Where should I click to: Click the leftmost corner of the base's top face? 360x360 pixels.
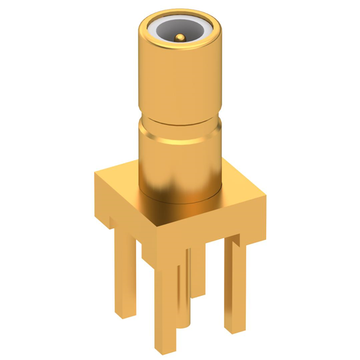tap(95, 174)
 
